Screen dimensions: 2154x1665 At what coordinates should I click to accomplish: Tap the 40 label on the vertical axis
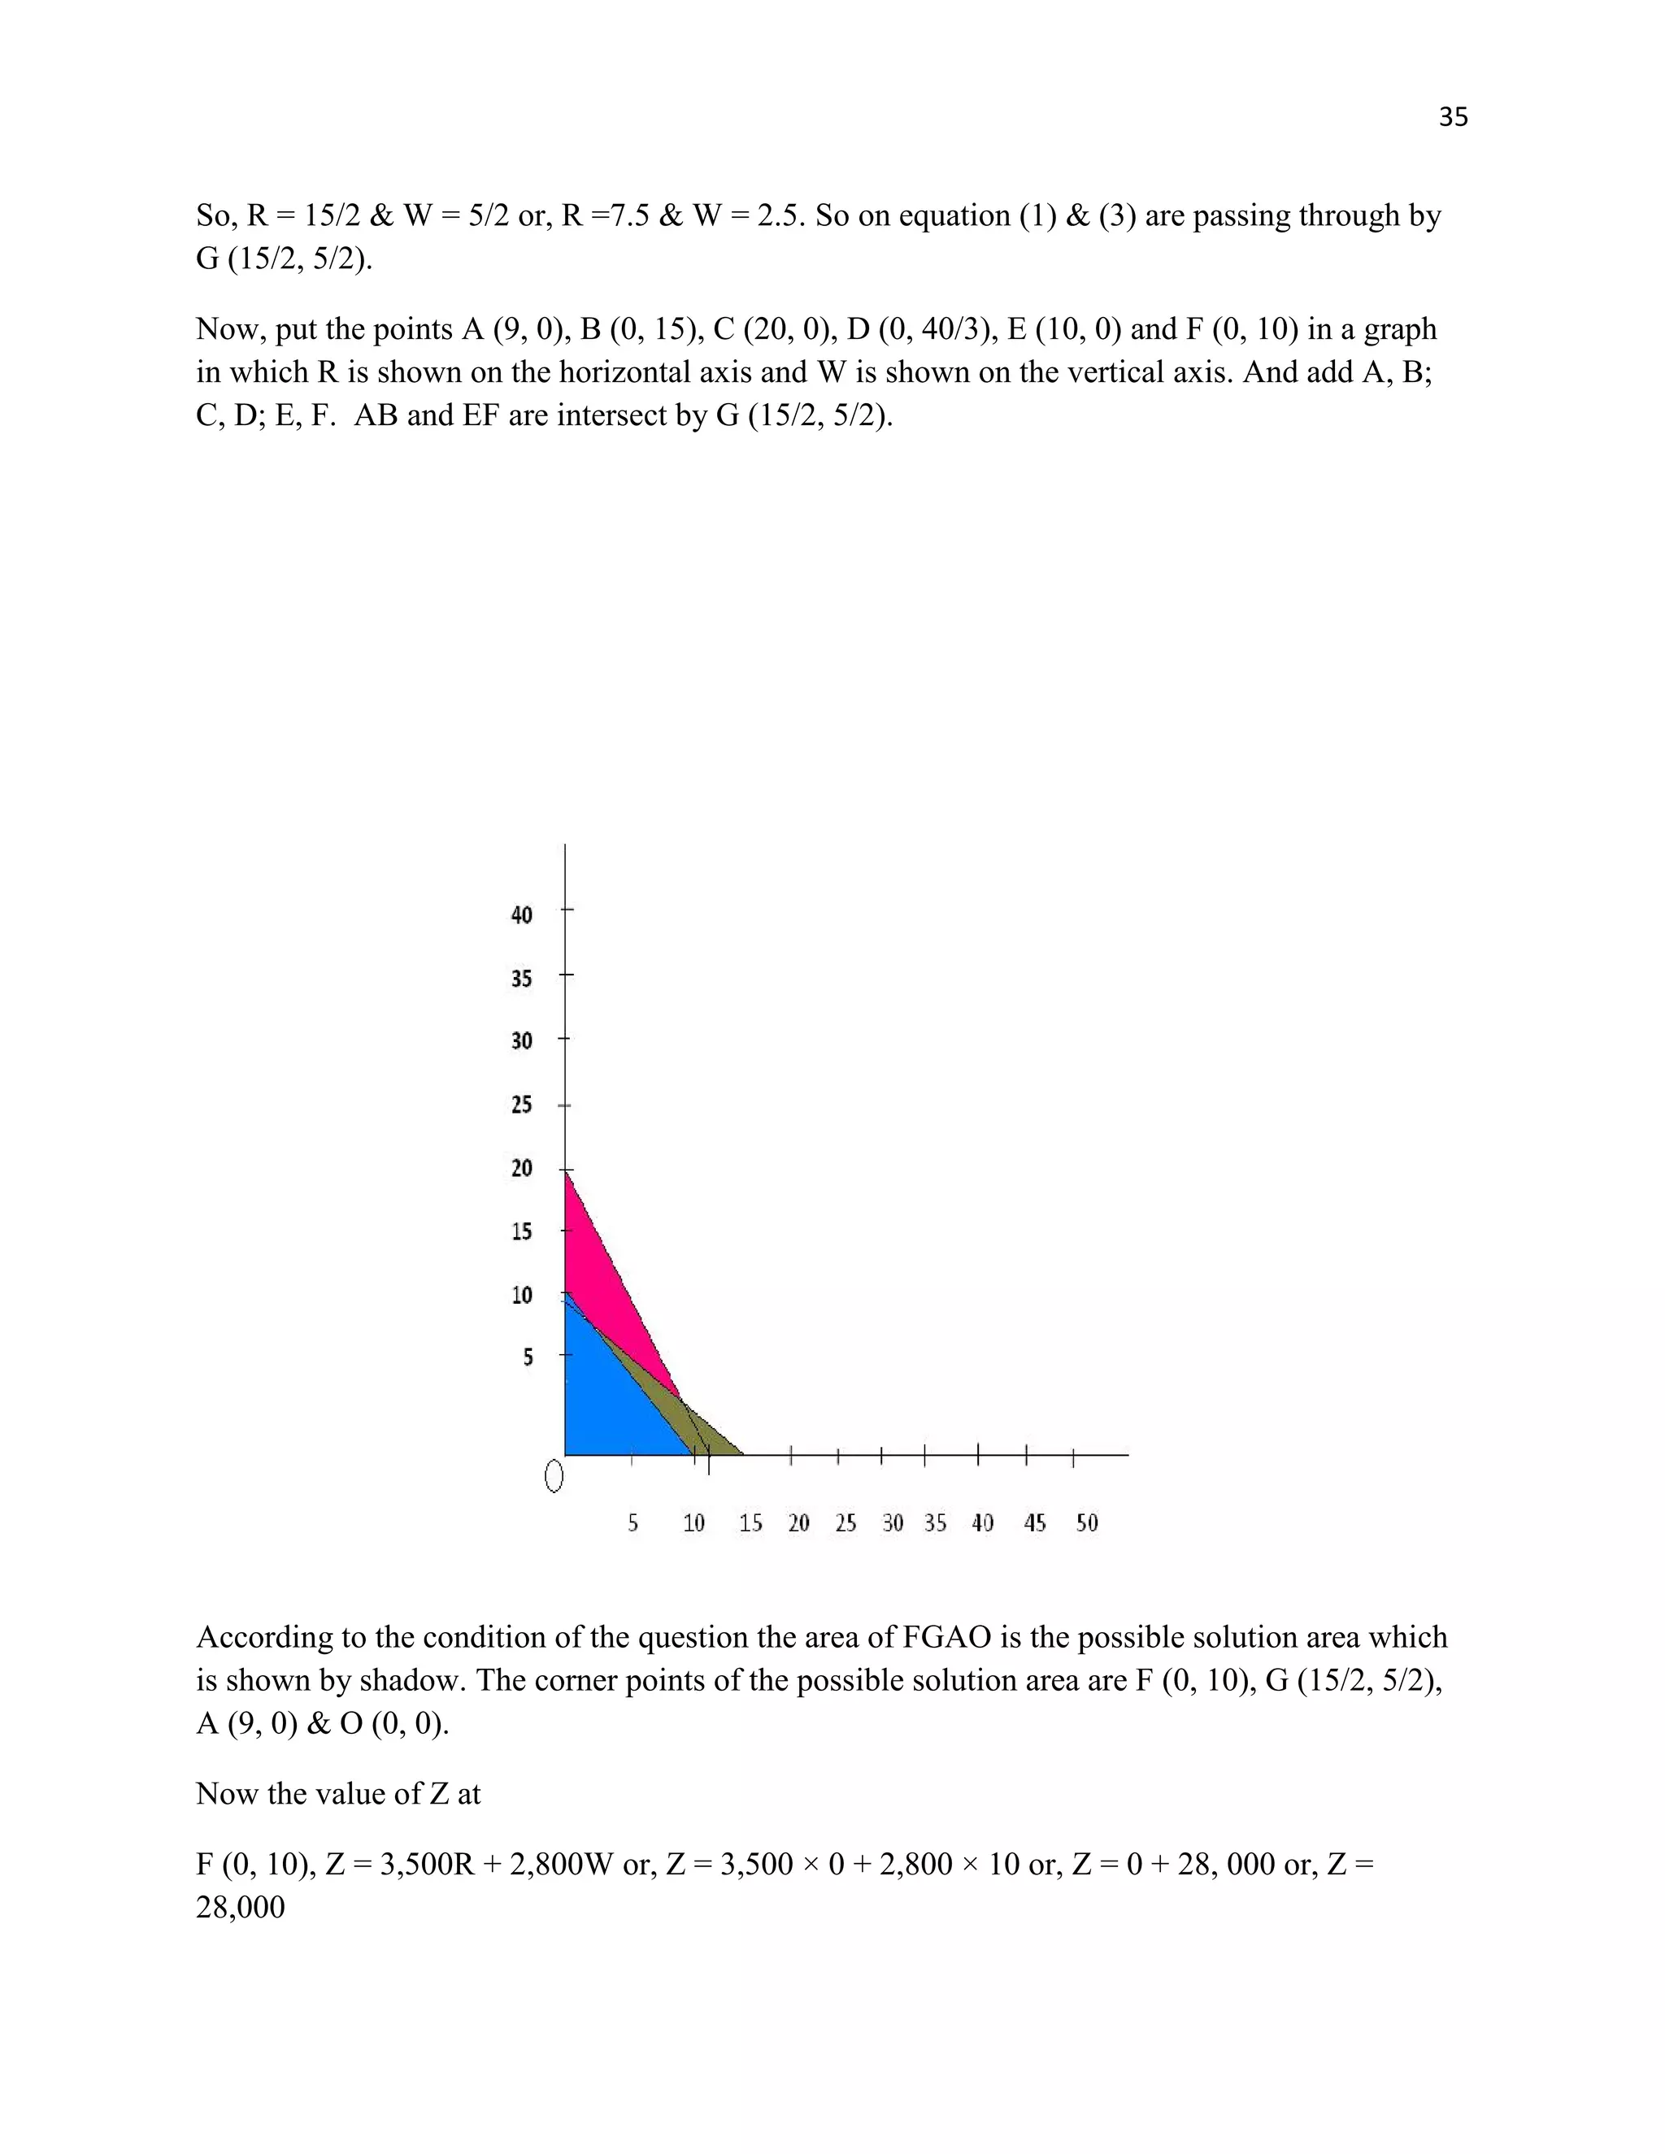pyautogui.click(x=522, y=914)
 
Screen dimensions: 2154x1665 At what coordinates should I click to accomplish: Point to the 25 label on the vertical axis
pyautogui.click(x=522, y=1105)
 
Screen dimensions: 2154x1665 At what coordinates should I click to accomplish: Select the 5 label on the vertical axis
pyautogui.click(x=528, y=1357)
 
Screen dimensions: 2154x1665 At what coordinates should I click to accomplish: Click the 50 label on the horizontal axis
pyautogui.click(x=1087, y=1522)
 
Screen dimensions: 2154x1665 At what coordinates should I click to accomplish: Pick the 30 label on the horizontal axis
pyautogui.click(x=893, y=1522)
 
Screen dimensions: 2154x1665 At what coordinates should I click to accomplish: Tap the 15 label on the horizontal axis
pyautogui.click(x=750, y=1522)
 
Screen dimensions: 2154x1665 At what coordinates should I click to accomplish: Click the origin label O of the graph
pyautogui.click(x=554, y=1476)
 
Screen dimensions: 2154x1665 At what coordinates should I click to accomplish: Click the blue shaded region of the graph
pyautogui.click(x=611, y=1401)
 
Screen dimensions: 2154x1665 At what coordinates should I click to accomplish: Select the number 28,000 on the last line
pyautogui.click(x=241, y=1906)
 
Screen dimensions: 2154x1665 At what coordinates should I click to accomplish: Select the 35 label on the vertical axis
pyautogui.click(x=522, y=979)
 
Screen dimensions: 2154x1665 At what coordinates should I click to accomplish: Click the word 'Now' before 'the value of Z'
pyautogui.click(x=222, y=1793)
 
